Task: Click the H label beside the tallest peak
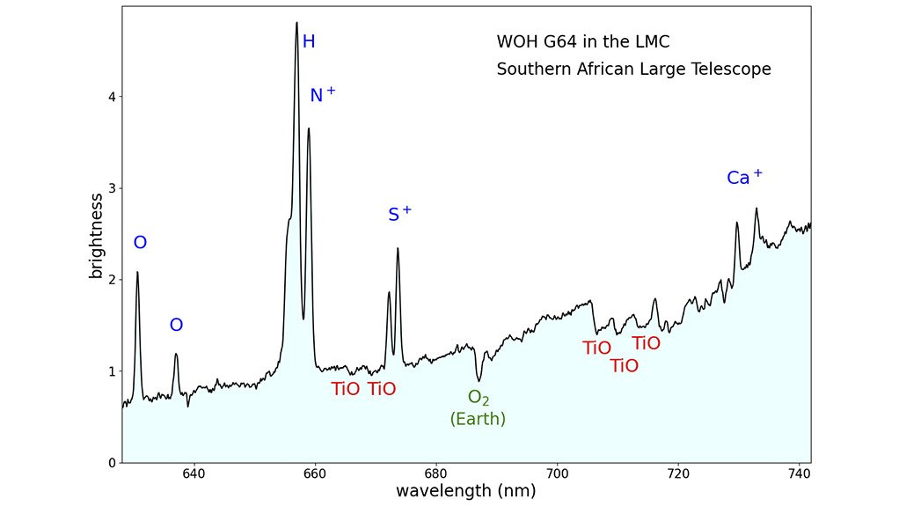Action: [309, 42]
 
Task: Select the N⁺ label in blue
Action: [322, 95]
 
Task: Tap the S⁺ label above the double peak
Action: [399, 214]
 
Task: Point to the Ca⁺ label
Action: [744, 178]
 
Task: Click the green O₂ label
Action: [478, 398]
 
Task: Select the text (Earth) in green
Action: [478, 420]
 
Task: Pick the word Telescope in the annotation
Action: [726, 70]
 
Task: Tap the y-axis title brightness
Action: [97, 235]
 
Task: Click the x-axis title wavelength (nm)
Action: [465, 490]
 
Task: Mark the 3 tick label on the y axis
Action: [111, 188]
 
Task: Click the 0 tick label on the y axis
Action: [111, 463]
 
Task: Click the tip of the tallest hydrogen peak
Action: [296, 23]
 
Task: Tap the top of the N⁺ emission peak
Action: [309, 128]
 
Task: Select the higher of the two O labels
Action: [140, 244]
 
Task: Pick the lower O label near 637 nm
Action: [176, 326]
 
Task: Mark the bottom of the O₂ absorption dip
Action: [479, 380]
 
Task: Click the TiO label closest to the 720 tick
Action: [646, 344]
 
